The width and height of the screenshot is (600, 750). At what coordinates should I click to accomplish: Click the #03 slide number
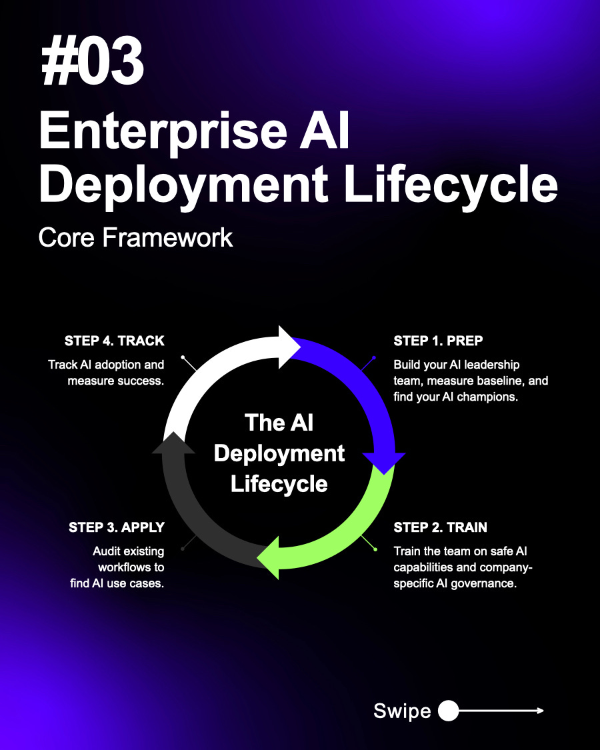coord(93,63)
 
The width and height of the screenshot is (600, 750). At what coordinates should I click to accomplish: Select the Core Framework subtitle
coord(136,237)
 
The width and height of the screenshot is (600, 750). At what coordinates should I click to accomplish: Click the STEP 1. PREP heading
coord(438,341)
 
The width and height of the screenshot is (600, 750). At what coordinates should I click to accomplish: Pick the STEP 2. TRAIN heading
coord(440,527)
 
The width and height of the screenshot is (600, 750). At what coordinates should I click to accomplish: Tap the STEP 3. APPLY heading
coord(116,527)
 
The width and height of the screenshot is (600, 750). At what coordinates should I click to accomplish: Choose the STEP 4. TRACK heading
coord(114,341)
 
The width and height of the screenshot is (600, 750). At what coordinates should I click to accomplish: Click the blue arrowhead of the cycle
coord(383,461)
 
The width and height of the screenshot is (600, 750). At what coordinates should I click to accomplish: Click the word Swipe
coord(402,711)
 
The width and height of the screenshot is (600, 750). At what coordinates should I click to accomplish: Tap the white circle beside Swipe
coord(448,711)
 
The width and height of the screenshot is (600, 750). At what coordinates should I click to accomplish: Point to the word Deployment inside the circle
coord(279,453)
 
